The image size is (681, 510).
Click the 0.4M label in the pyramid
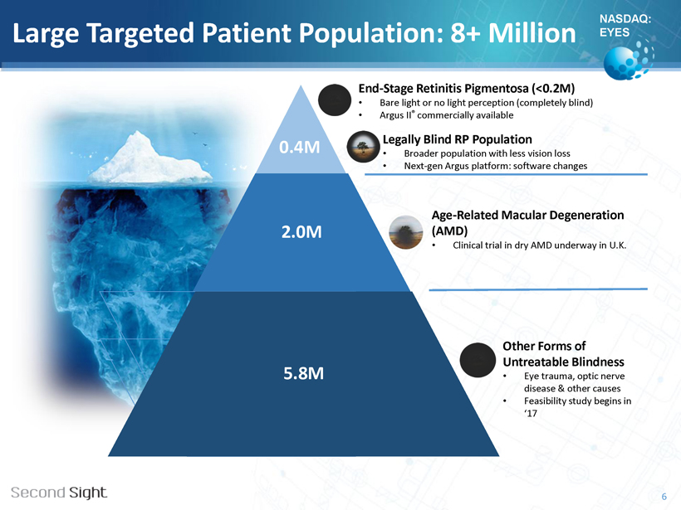click(299, 148)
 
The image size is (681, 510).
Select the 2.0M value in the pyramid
click(301, 232)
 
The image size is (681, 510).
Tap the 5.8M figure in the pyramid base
click(304, 373)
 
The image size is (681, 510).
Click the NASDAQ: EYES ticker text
click(625, 26)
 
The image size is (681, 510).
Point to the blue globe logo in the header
click(629, 60)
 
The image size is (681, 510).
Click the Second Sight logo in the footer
click(59, 493)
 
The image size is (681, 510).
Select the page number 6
click(664, 497)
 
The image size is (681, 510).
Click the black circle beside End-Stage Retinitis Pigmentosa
click(335, 100)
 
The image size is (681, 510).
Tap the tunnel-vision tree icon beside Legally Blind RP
click(363, 147)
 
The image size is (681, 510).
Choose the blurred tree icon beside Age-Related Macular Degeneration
click(405, 232)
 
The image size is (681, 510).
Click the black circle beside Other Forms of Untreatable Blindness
click(478, 360)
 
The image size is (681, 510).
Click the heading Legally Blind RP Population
click(457, 139)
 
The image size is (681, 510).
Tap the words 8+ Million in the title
click(513, 33)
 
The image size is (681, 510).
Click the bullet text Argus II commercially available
click(446, 115)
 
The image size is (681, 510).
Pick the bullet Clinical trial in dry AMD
click(540, 245)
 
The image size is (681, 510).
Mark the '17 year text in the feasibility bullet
click(531, 413)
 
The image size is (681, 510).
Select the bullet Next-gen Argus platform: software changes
click(495, 166)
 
